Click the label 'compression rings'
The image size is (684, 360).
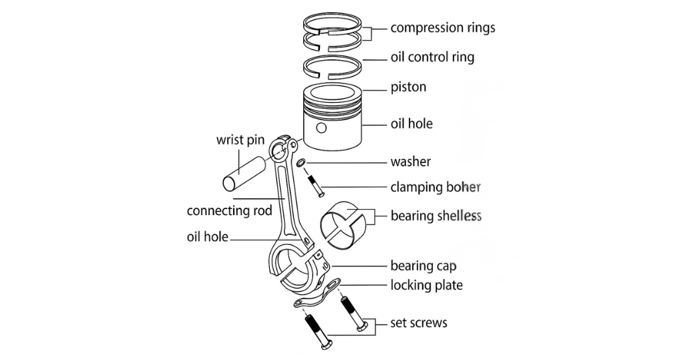442,28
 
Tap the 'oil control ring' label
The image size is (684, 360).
432,57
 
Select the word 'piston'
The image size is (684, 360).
408,87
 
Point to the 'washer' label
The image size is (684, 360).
410,162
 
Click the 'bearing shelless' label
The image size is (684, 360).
436,216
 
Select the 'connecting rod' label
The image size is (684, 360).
229,210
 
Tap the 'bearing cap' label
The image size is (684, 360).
423,266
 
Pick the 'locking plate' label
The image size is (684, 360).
426,285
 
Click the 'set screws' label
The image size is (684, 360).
419,323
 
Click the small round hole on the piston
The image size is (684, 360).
322,128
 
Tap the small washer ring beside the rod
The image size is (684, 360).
301,163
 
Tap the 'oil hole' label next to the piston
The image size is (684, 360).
411,124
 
